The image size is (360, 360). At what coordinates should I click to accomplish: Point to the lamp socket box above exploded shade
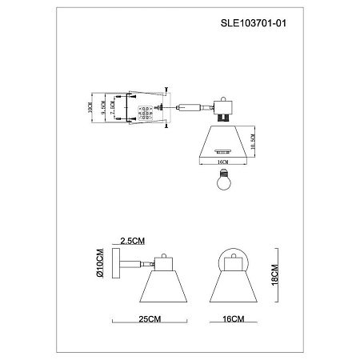pos(219,109)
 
